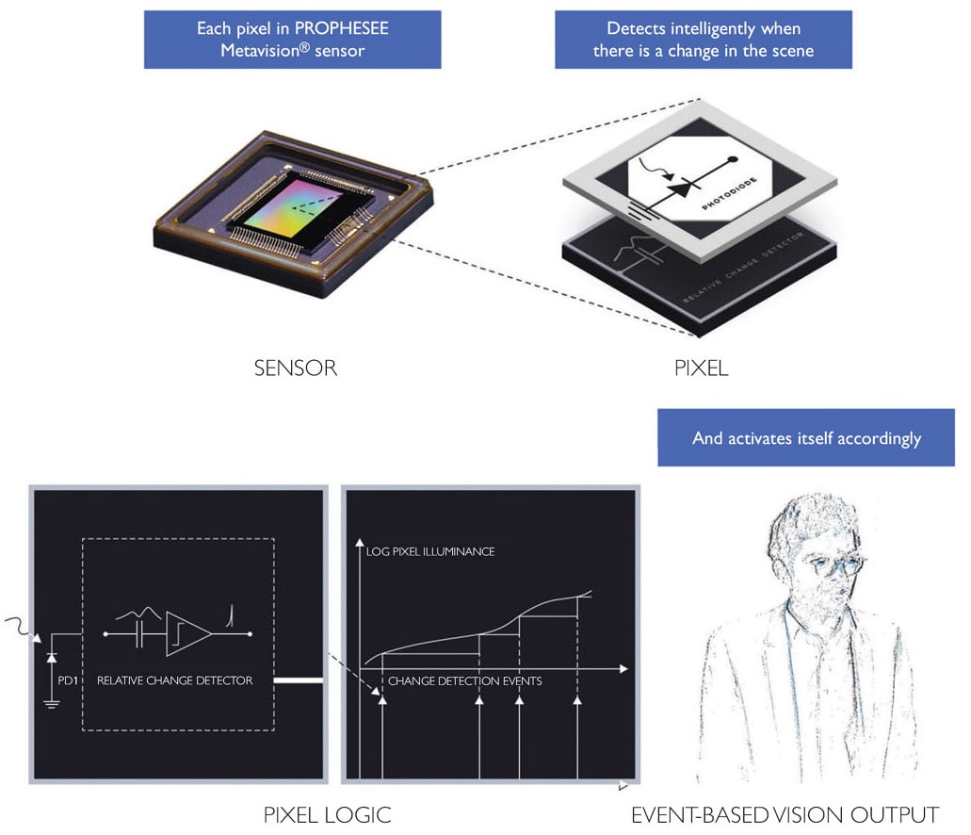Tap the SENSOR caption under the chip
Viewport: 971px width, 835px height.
[x=295, y=368]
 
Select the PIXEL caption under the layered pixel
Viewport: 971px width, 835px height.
[x=702, y=368]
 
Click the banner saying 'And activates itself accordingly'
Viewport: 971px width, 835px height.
[x=806, y=438]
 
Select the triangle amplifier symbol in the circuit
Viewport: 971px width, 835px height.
[x=187, y=634]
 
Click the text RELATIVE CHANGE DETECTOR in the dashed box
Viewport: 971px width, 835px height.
[x=174, y=679]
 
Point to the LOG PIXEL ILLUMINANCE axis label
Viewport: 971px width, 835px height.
[x=429, y=551]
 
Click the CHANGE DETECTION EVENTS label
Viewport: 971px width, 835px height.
[x=464, y=680]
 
